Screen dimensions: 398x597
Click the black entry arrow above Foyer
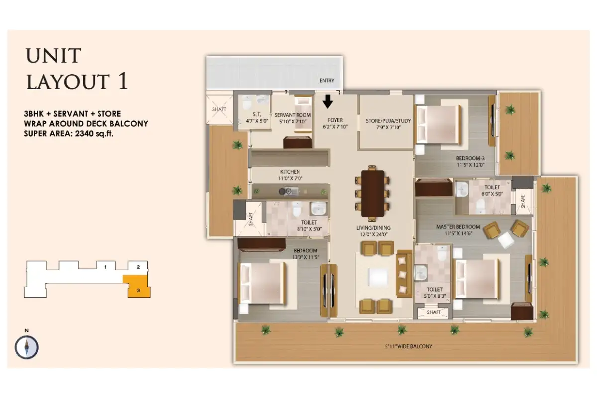coord(328,102)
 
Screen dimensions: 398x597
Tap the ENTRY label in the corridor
coord(327,81)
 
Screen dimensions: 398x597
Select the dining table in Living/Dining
coord(373,194)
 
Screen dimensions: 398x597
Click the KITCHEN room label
coord(290,172)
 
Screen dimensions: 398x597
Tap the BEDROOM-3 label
coord(470,159)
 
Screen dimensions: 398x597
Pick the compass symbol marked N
coord(27,347)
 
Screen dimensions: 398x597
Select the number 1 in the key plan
coord(105,267)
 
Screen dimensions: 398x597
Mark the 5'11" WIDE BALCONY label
coord(407,346)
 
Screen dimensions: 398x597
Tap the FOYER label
coord(334,120)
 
